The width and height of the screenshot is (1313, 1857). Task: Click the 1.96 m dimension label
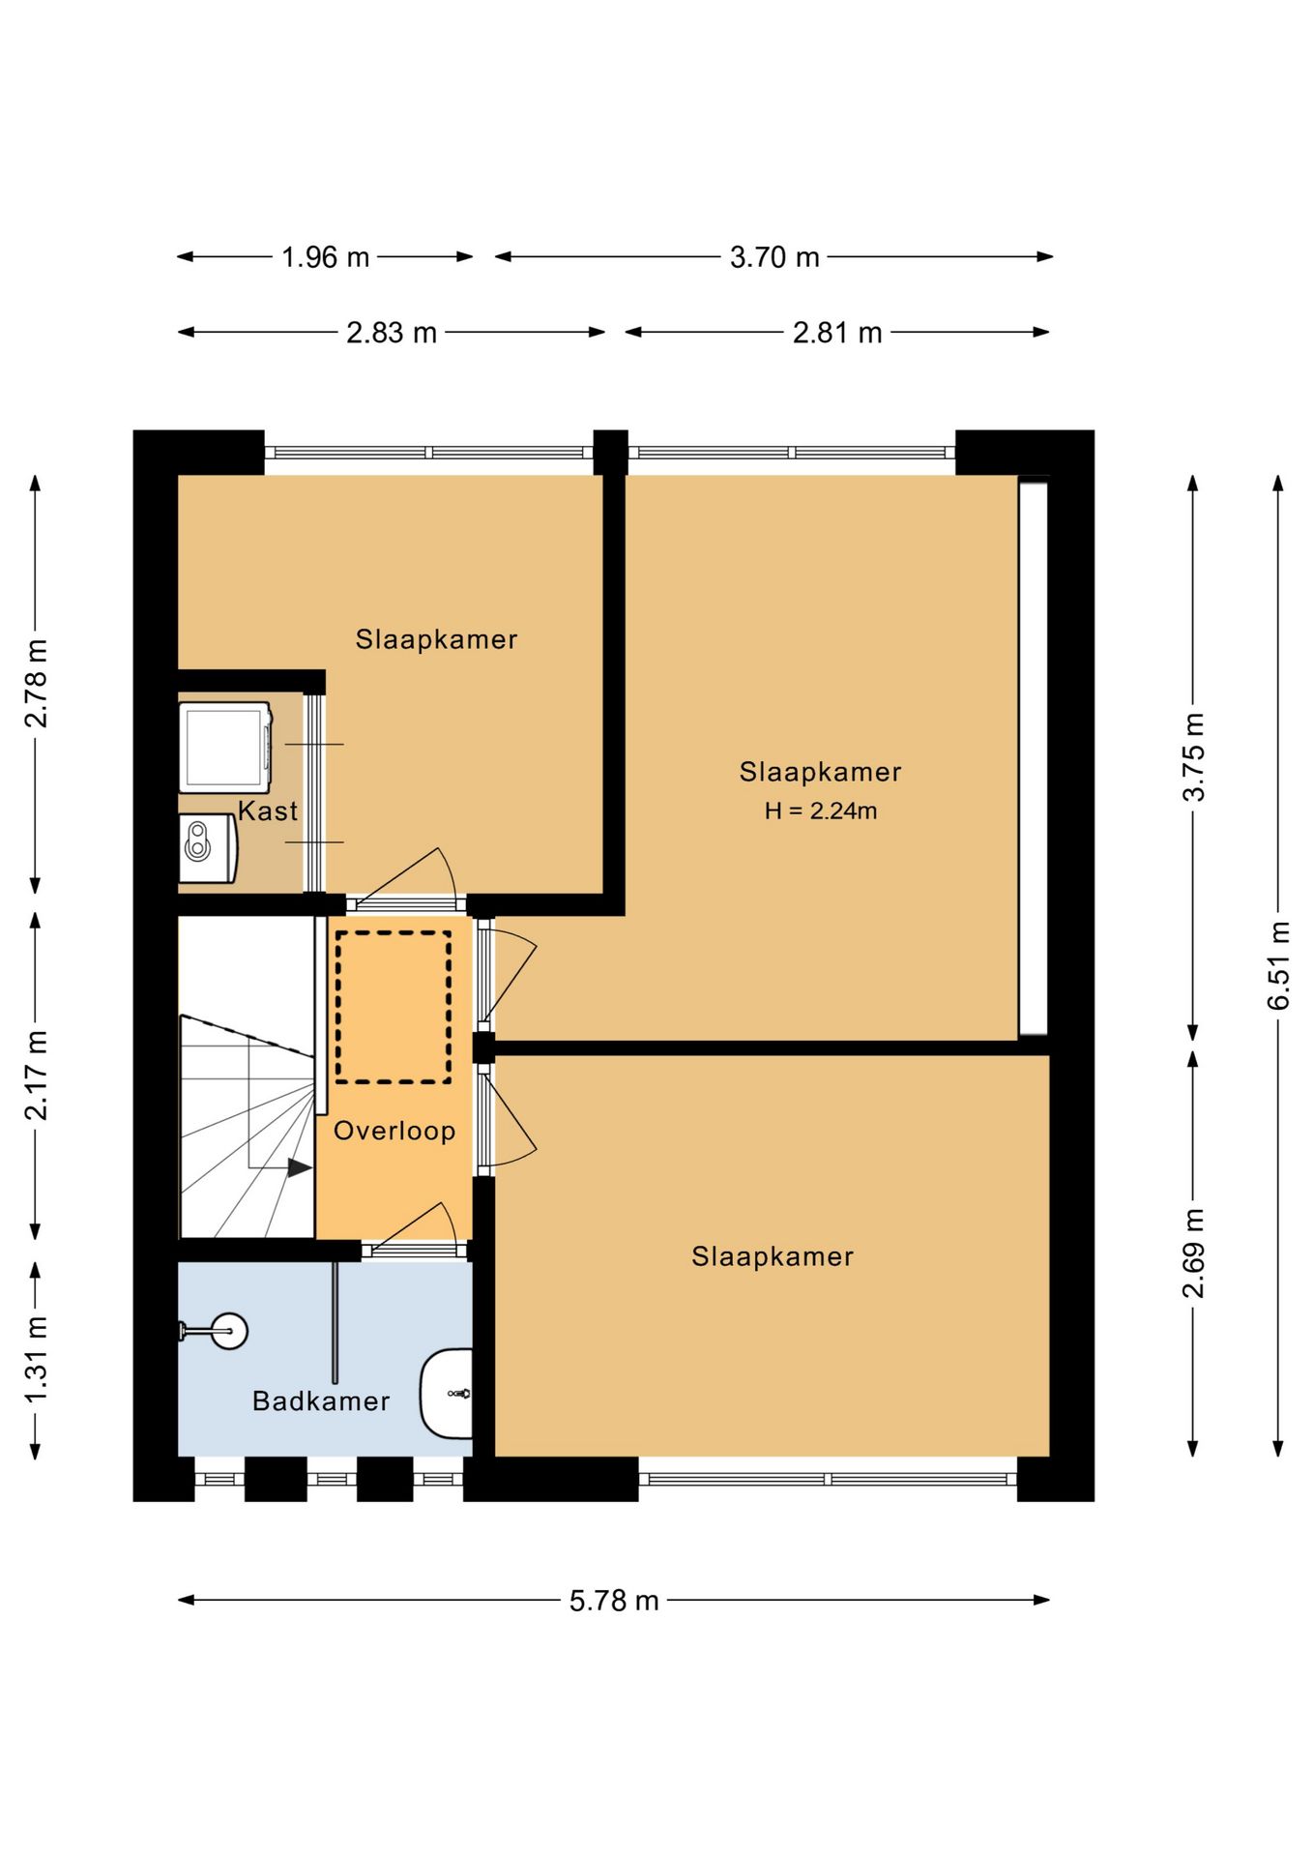[x=325, y=257]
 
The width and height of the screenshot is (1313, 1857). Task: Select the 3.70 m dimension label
[x=774, y=257]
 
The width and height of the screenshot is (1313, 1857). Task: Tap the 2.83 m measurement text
[x=392, y=333]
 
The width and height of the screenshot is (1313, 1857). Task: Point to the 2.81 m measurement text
[x=837, y=333]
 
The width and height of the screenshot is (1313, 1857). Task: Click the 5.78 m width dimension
[x=614, y=1601]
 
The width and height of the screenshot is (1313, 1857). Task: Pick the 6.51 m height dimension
[x=1278, y=965]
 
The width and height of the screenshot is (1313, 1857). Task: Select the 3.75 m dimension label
[x=1193, y=757]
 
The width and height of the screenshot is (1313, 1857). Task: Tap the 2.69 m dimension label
[x=1193, y=1253]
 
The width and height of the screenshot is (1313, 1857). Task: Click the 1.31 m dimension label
[x=36, y=1360]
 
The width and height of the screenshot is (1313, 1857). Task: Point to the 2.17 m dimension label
[x=36, y=1076]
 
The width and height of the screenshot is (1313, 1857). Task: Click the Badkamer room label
[x=321, y=1401]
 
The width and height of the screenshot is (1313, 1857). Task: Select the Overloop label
[x=394, y=1131]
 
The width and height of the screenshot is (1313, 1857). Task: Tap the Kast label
[x=268, y=811]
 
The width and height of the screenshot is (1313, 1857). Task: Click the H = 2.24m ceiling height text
[x=821, y=811]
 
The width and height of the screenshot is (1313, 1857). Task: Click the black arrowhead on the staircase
[x=300, y=1168]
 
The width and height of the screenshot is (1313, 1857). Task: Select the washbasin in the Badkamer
[x=446, y=1394]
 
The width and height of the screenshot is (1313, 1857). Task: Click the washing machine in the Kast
[x=225, y=748]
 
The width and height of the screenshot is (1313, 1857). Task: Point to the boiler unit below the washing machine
[x=208, y=848]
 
